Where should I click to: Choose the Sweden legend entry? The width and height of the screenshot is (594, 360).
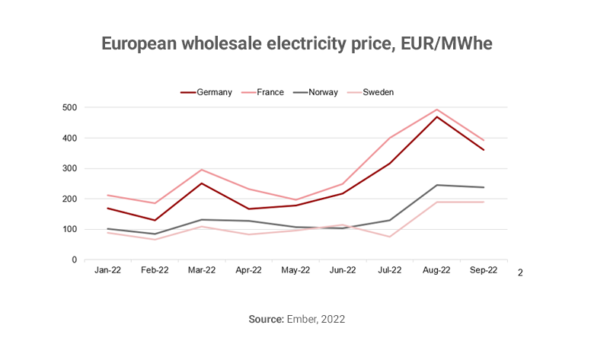(x=378, y=92)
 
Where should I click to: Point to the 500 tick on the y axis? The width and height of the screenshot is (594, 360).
(x=69, y=107)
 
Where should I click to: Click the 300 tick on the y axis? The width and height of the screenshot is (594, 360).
(x=69, y=168)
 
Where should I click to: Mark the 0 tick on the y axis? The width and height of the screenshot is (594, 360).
(x=75, y=260)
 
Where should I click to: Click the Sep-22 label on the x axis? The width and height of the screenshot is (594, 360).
(x=484, y=270)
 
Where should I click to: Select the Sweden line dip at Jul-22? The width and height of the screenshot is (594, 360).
(x=390, y=237)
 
